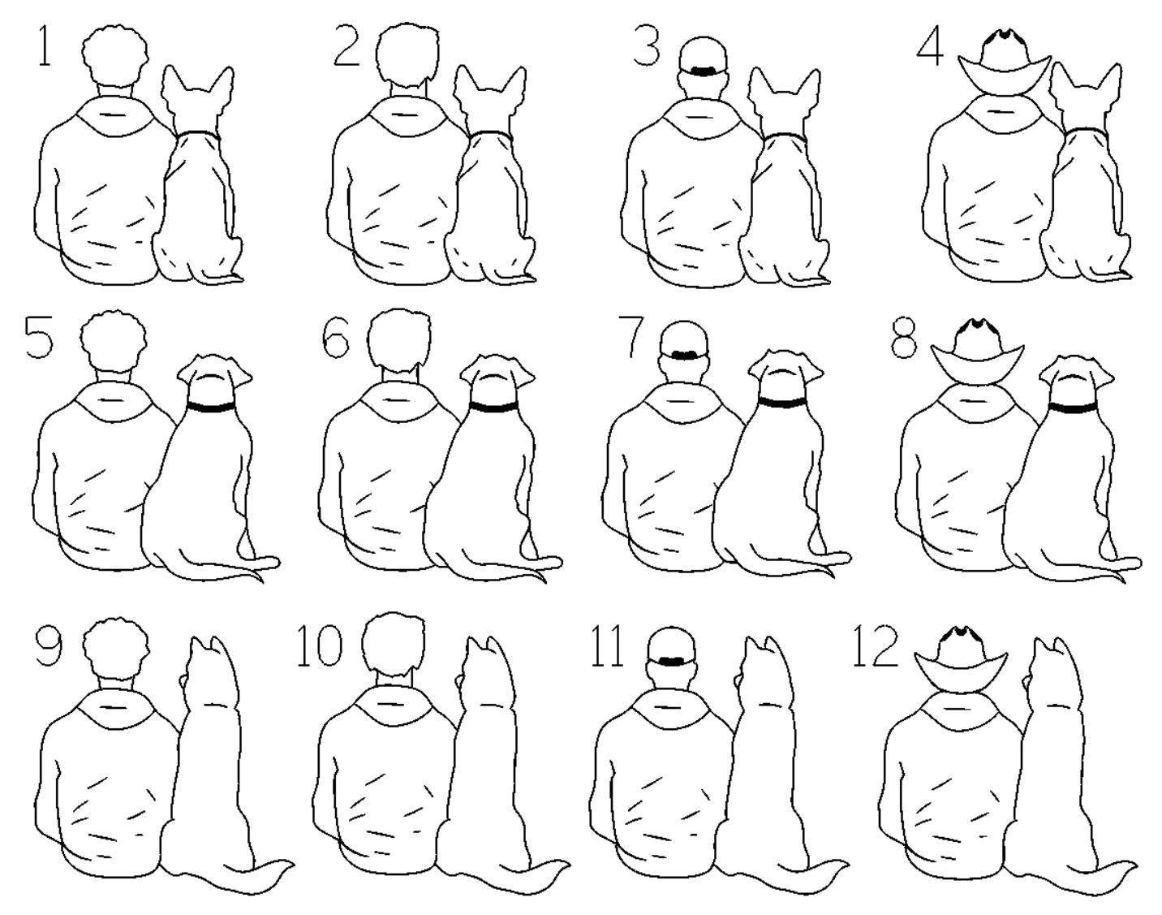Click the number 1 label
point(45,47)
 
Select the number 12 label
point(874,646)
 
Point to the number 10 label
point(320,645)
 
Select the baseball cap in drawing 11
point(672,646)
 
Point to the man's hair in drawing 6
point(399,340)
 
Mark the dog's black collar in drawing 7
point(782,402)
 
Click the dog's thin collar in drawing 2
point(490,134)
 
